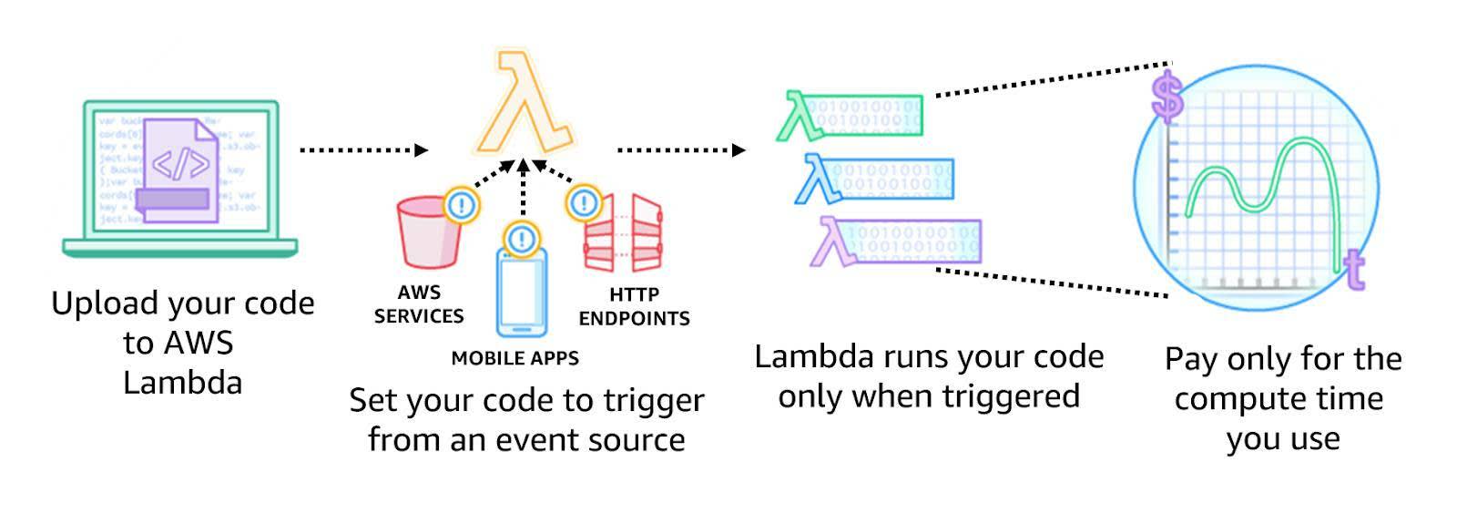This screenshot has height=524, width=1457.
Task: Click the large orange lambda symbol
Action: tap(524, 105)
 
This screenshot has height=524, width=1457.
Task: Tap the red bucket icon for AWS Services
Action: tap(428, 235)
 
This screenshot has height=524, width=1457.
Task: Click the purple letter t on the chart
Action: tap(1354, 269)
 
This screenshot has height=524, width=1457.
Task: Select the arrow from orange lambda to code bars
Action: tap(680, 149)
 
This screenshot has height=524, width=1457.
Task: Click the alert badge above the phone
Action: tap(521, 240)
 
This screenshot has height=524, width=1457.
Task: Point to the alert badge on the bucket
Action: tap(461, 205)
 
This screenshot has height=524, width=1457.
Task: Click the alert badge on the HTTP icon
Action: tap(584, 203)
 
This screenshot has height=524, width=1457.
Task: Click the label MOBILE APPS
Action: tap(515, 358)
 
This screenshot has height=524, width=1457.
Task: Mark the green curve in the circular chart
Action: tap(1266, 178)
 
